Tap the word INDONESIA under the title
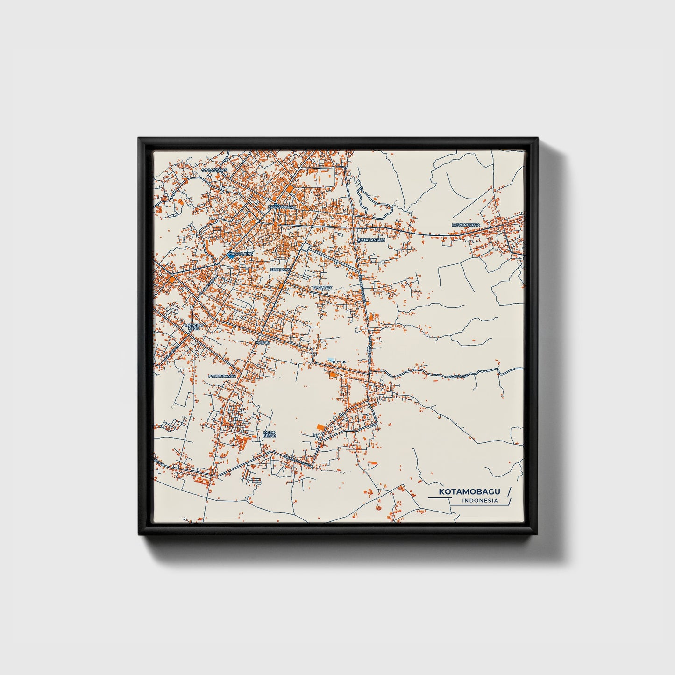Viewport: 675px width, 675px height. [479, 501]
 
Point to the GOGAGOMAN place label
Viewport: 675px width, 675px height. [214, 170]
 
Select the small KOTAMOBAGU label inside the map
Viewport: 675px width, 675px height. [282, 206]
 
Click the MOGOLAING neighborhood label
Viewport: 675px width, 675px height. [242, 253]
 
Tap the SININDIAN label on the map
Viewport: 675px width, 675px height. [281, 270]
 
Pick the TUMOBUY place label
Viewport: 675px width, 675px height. [322, 288]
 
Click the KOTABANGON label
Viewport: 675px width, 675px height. [371, 240]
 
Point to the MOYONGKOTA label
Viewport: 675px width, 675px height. [466, 225]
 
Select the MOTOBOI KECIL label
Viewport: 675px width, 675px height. [192, 327]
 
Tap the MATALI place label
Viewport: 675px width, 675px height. [262, 342]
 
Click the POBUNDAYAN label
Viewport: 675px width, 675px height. [222, 376]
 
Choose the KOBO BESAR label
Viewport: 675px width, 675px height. [270, 434]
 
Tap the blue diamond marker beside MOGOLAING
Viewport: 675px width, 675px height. [231, 256]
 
